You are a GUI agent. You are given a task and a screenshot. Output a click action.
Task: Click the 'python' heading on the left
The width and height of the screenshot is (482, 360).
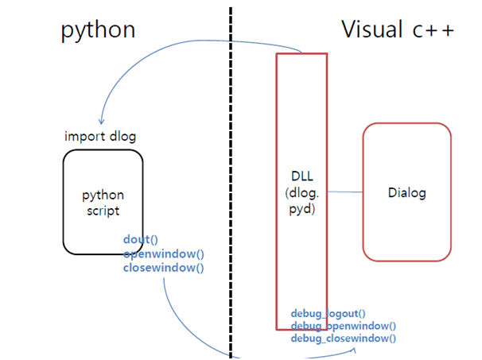pyautogui.click(x=98, y=29)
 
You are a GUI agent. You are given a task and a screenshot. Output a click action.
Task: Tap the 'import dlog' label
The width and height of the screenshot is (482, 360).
pyautogui.click(x=100, y=136)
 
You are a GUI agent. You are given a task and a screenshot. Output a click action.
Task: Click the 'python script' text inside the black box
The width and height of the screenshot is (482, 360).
pyautogui.click(x=103, y=203)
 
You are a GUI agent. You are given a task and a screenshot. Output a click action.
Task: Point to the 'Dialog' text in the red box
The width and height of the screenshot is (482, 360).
pyautogui.click(x=406, y=192)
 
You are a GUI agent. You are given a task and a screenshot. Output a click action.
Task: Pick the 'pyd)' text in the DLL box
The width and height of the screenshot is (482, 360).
pyautogui.click(x=301, y=209)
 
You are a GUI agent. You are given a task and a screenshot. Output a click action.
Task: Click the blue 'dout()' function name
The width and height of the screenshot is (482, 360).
pyautogui.click(x=141, y=239)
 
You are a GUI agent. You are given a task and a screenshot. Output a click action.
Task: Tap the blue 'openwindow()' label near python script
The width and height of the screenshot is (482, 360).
pyautogui.click(x=164, y=254)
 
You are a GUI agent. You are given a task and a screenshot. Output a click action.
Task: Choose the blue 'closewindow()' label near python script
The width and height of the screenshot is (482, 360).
pyautogui.click(x=164, y=268)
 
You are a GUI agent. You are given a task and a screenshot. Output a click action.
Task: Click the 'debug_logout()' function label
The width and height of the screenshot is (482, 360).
pyautogui.click(x=328, y=314)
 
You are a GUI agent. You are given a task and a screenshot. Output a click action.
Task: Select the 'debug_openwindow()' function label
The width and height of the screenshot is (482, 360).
pyautogui.click(x=343, y=326)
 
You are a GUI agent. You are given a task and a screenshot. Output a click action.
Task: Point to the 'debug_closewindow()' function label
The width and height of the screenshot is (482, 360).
pyautogui.click(x=343, y=338)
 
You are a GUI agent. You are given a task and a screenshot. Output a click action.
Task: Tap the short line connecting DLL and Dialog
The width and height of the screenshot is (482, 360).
pyautogui.click(x=344, y=192)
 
